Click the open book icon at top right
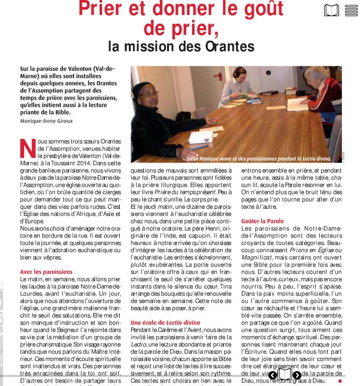pyautogui.click(x=331, y=11)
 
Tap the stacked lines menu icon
pyautogui.click(x=351, y=11)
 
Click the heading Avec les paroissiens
pyautogui.click(x=46, y=272)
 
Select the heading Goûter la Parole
pyautogui.click(x=262, y=221)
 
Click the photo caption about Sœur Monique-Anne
pyautogui.click(x=259, y=158)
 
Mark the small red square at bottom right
pyautogui.click(x=340, y=381)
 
